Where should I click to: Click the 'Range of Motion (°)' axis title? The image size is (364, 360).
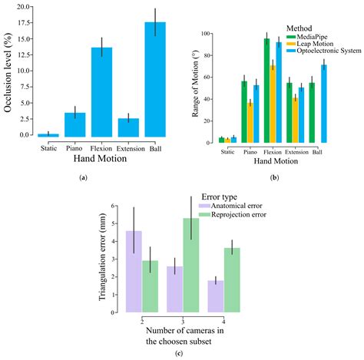191,88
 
